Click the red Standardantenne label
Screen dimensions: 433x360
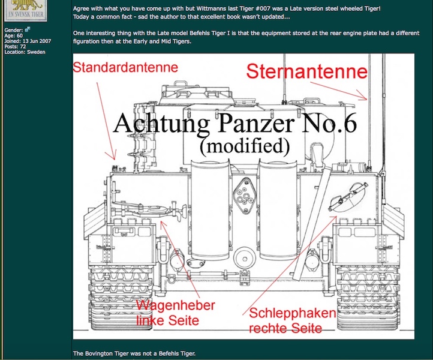125,68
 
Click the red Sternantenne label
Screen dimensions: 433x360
307,71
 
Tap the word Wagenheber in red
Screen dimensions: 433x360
176,305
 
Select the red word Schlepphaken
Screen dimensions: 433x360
293,313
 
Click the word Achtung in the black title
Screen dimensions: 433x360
161,124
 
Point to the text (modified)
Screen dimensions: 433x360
245,146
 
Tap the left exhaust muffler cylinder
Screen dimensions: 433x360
210,209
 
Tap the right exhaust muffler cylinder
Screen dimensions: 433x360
278,209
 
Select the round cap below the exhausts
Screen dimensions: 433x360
245,259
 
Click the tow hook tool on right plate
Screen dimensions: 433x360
348,197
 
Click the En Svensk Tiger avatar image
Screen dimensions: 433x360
26,10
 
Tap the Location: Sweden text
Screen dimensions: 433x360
25,52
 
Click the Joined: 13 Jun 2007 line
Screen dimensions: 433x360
28,41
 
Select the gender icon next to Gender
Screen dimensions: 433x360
28,29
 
